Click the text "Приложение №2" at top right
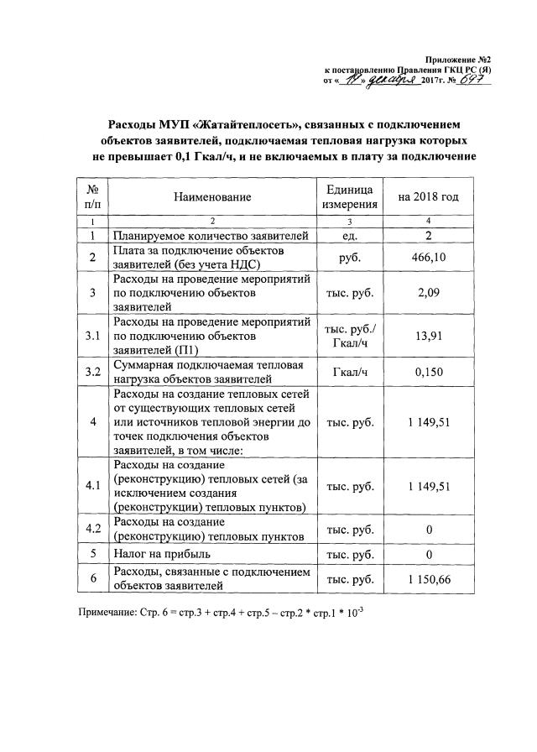click(458, 60)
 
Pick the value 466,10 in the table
click(429, 258)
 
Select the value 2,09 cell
click(429, 292)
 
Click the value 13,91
click(429, 337)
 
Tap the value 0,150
click(429, 372)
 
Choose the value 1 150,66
click(429, 580)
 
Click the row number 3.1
click(93, 337)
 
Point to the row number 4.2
click(93, 529)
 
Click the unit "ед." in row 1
click(349, 236)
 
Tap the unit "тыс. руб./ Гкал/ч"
click(349, 337)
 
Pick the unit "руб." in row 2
click(349, 258)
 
